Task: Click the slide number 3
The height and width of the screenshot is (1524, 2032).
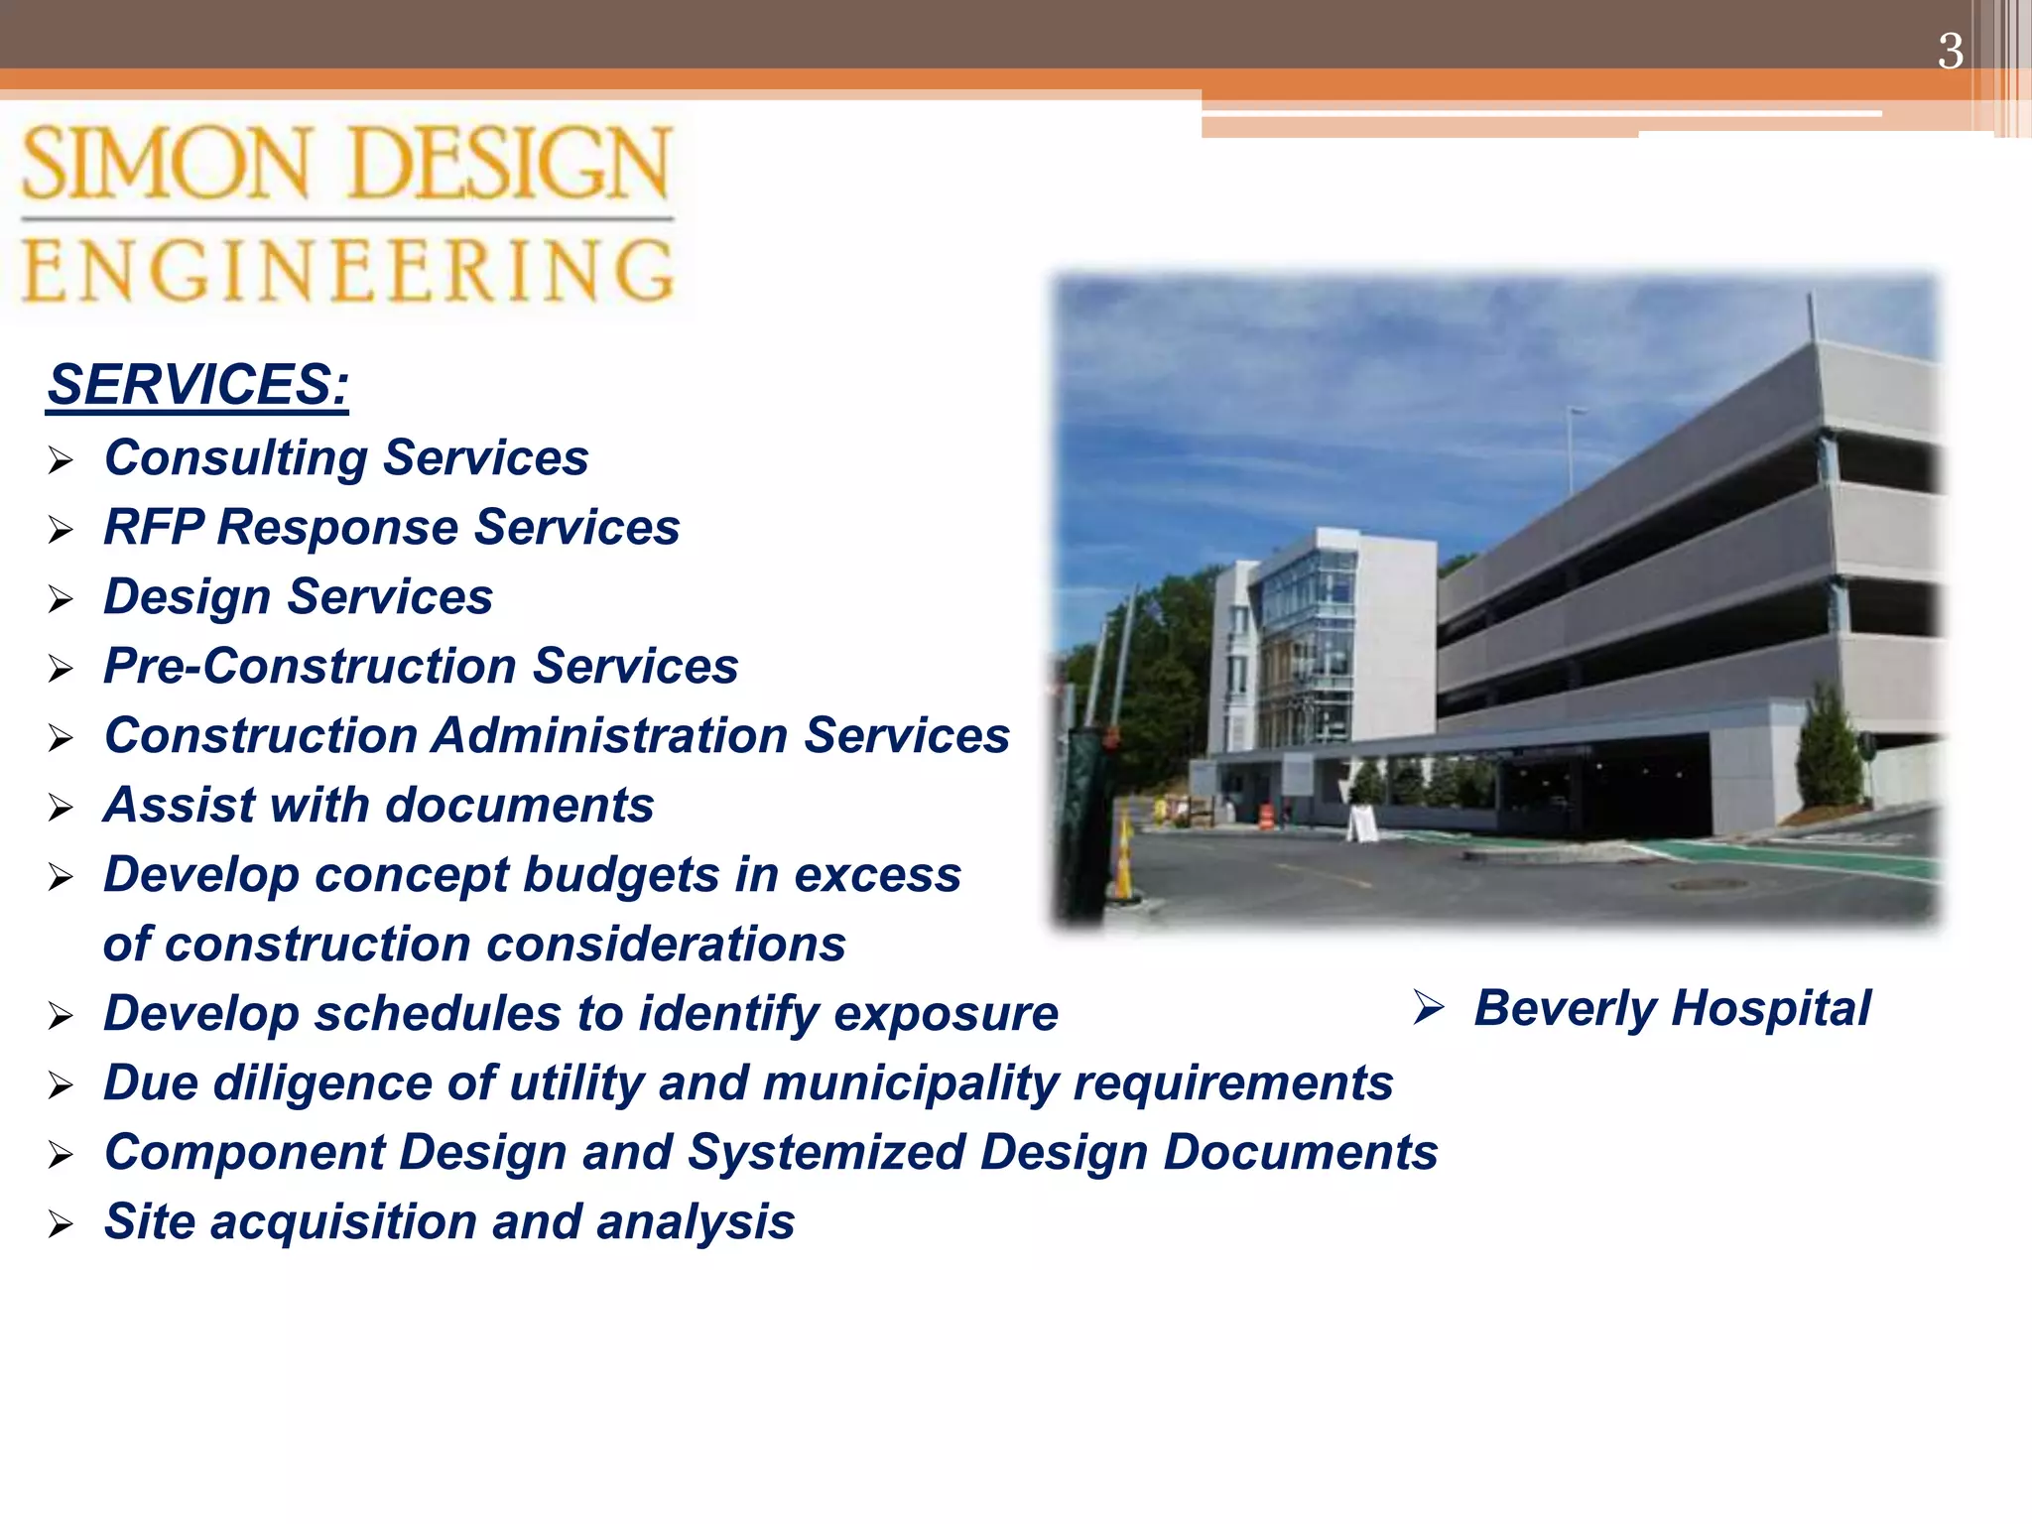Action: coord(1950,52)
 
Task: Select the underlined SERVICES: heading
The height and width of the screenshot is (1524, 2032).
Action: coord(198,385)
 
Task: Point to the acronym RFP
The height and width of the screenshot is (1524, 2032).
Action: coord(154,527)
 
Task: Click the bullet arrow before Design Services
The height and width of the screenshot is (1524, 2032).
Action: coord(62,599)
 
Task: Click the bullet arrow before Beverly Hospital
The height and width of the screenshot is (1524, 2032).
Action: coord(1429,1008)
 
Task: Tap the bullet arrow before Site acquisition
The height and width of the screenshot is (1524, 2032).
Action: coord(62,1224)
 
